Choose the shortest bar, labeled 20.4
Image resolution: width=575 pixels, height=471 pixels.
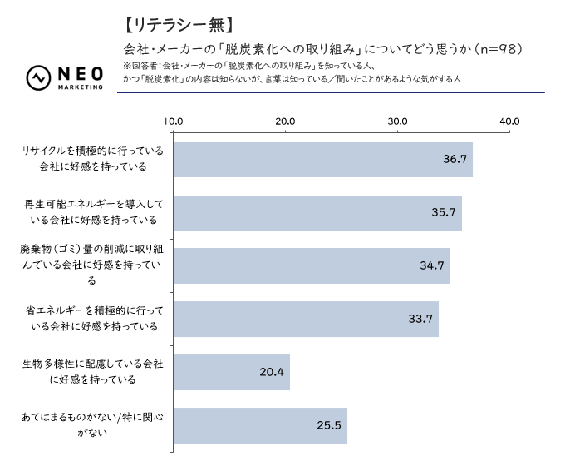coord(231,372)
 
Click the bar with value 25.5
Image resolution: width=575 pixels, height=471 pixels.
coord(259,425)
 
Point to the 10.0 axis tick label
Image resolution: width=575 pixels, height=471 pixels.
coord(174,121)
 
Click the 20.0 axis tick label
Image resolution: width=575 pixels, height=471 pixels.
coord(286,121)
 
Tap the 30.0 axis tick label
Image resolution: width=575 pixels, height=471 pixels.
coord(397,121)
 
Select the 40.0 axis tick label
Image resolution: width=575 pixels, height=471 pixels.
coord(509,121)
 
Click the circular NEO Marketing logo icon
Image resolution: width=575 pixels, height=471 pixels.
coord(39,77)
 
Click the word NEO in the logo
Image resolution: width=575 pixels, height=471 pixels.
coord(81,73)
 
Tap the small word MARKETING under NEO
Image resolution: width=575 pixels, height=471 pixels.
coord(81,87)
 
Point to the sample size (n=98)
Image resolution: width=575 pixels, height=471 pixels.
coord(497,48)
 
